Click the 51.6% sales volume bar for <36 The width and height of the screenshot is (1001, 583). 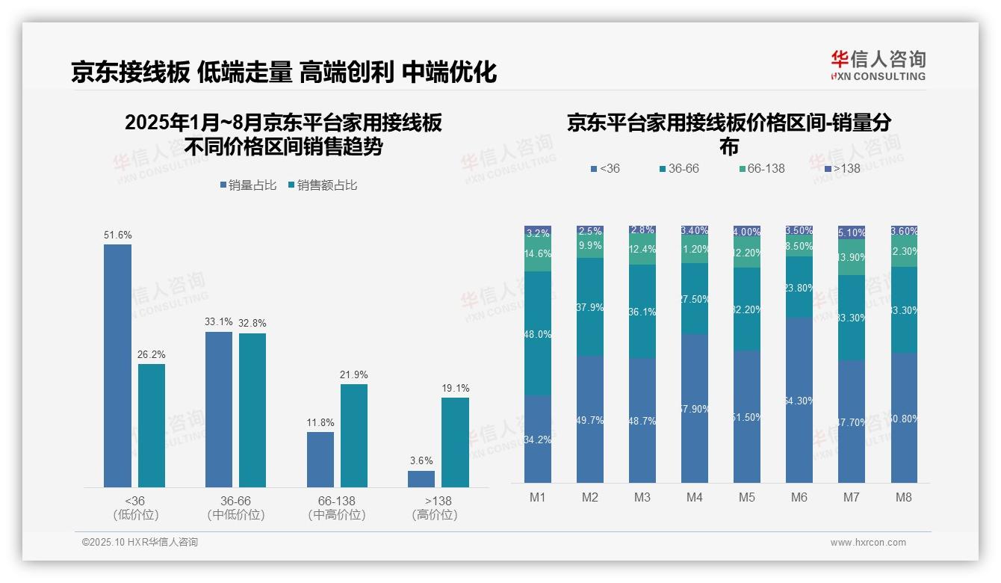[x=117, y=365]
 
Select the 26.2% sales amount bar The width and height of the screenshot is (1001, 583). [x=152, y=425]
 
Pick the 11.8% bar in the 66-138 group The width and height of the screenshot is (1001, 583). [x=320, y=459]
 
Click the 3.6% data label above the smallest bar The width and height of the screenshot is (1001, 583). [x=421, y=460]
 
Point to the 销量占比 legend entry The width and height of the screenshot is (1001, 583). [x=248, y=185]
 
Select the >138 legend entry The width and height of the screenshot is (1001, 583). [x=841, y=168]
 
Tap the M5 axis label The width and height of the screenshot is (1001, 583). [x=746, y=498]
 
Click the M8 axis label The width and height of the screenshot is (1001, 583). [x=903, y=498]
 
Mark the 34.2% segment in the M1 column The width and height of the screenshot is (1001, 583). [x=538, y=439]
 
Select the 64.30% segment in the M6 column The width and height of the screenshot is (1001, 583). [x=799, y=400]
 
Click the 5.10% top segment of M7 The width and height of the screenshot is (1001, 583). [x=851, y=232]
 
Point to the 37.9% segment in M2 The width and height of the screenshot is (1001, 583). [x=590, y=306]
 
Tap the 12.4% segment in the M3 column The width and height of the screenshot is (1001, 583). [x=642, y=250]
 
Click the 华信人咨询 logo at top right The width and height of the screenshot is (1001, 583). [x=878, y=65]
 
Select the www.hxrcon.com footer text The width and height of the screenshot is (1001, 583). [x=868, y=543]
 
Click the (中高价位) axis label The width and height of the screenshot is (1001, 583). [x=337, y=515]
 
